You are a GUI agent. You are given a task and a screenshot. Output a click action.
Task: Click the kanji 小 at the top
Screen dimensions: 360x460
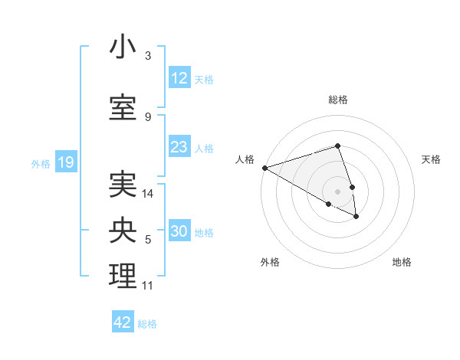point(123,47)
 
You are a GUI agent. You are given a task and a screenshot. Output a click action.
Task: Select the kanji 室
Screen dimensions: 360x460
point(123,106)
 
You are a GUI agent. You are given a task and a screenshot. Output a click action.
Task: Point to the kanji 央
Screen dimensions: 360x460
point(123,231)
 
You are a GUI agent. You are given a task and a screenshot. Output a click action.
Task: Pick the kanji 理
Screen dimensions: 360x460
point(123,277)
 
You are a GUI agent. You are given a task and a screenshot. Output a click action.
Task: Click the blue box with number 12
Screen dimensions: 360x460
point(179,78)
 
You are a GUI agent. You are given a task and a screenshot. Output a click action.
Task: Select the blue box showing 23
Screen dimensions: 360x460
point(179,147)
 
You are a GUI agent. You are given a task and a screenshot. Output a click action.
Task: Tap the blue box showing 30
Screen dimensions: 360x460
point(179,231)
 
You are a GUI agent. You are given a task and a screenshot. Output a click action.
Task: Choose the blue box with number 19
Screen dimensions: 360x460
point(65,162)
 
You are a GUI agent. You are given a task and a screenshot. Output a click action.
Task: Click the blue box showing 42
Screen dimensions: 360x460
point(123,322)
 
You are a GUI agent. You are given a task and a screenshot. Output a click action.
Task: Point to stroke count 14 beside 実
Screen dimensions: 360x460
point(148,194)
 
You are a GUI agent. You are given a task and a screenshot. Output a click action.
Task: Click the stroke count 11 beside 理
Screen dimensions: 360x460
point(148,286)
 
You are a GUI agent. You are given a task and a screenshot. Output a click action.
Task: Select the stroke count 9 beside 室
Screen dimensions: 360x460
point(148,116)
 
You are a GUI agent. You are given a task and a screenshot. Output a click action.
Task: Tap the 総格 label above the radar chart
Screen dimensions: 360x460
point(337,100)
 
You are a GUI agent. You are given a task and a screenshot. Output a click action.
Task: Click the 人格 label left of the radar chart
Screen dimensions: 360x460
point(245,159)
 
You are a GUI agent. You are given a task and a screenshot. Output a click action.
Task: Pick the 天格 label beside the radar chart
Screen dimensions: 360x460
point(432,159)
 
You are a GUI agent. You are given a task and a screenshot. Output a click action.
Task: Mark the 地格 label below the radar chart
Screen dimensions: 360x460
point(402,263)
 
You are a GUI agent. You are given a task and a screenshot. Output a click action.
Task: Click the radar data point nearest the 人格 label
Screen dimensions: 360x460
point(264,168)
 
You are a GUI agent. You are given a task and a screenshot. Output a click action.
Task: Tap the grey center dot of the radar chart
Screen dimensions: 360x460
point(337,191)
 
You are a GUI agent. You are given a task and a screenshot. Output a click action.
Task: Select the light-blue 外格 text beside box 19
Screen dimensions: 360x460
point(41,163)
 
